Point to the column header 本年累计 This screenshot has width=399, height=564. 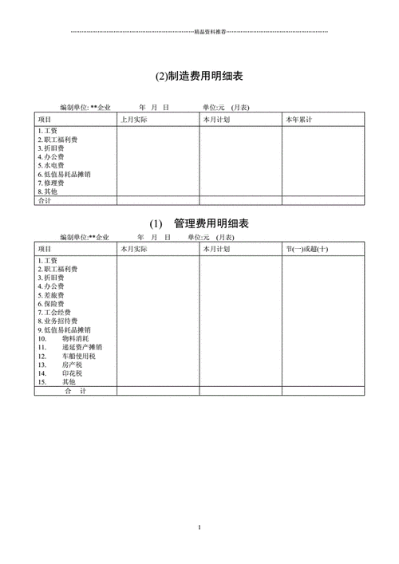(298, 120)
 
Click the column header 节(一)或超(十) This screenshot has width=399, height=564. (307, 250)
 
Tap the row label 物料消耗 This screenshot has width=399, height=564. (76, 338)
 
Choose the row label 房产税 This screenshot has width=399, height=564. (73, 365)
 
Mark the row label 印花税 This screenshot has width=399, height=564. (73, 373)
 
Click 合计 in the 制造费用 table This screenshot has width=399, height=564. (45, 201)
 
